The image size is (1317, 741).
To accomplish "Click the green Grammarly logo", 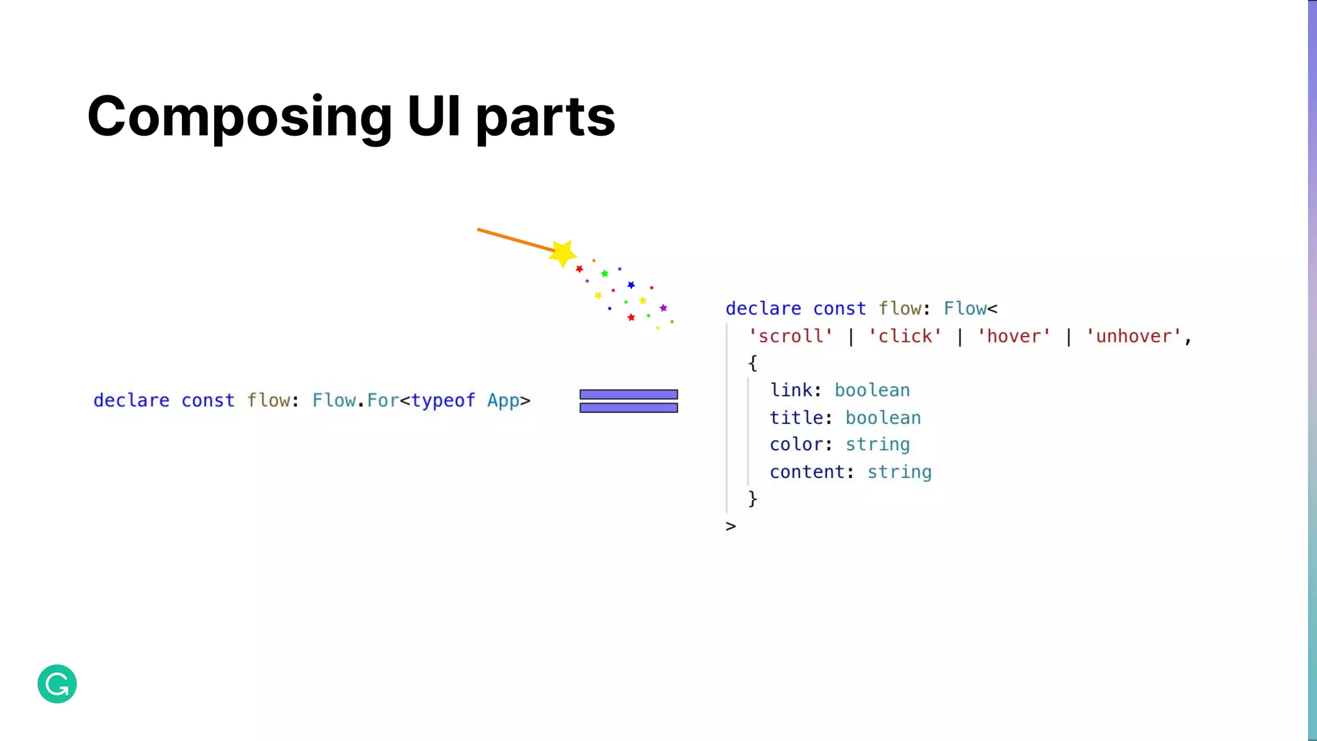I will pyautogui.click(x=57, y=684).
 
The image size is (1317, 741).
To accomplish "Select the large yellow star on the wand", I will pyautogui.click(x=563, y=253).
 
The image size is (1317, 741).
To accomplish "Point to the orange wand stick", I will pyautogui.click(x=514, y=239).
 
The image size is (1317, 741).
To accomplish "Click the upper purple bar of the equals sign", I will pyautogui.click(x=628, y=394).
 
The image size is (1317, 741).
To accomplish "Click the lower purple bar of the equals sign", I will pyautogui.click(x=628, y=408).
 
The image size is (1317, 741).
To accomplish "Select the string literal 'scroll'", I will pyautogui.click(x=790, y=336).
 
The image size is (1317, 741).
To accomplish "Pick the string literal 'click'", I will pyautogui.click(x=905, y=336).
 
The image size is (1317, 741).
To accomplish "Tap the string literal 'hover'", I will pyautogui.click(x=1014, y=336).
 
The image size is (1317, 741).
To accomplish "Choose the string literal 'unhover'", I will pyautogui.click(x=1134, y=336).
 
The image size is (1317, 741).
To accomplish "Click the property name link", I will pyautogui.click(x=791, y=390).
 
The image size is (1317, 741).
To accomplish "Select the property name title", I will pyautogui.click(x=796, y=417).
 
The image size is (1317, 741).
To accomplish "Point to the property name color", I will pyautogui.click(x=796, y=444).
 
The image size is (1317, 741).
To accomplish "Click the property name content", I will pyautogui.click(x=807, y=472).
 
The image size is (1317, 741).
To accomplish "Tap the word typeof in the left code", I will pyautogui.click(x=443, y=400).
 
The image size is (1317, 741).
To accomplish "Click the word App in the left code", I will pyautogui.click(x=503, y=401).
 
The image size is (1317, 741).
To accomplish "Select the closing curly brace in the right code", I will pyautogui.click(x=752, y=499).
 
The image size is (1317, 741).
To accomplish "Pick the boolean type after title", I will pyautogui.click(x=883, y=417).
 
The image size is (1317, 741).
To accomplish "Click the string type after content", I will pyautogui.click(x=899, y=472).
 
